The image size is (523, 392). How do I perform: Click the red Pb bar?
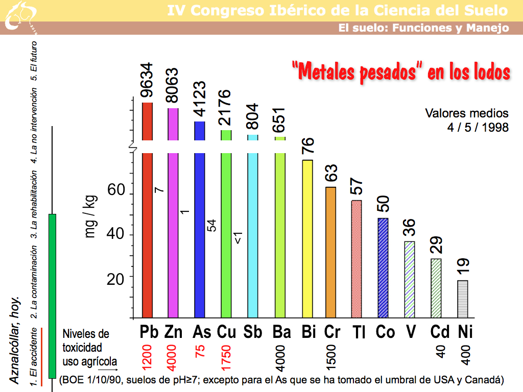pyautogui.click(x=148, y=235)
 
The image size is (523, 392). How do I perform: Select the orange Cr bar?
pyautogui.click(x=331, y=252)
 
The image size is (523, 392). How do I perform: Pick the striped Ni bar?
pyautogui.click(x=462, y=299)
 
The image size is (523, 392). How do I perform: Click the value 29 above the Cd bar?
pyautogui.click(x=436, y=244)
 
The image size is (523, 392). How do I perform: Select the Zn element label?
pyautogui.click(x=174, y=332)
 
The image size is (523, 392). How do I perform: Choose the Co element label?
pyautogui.click(x=385, y=332)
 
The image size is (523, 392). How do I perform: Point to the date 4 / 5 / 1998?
pyautogui.click(x=478, y=127)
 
